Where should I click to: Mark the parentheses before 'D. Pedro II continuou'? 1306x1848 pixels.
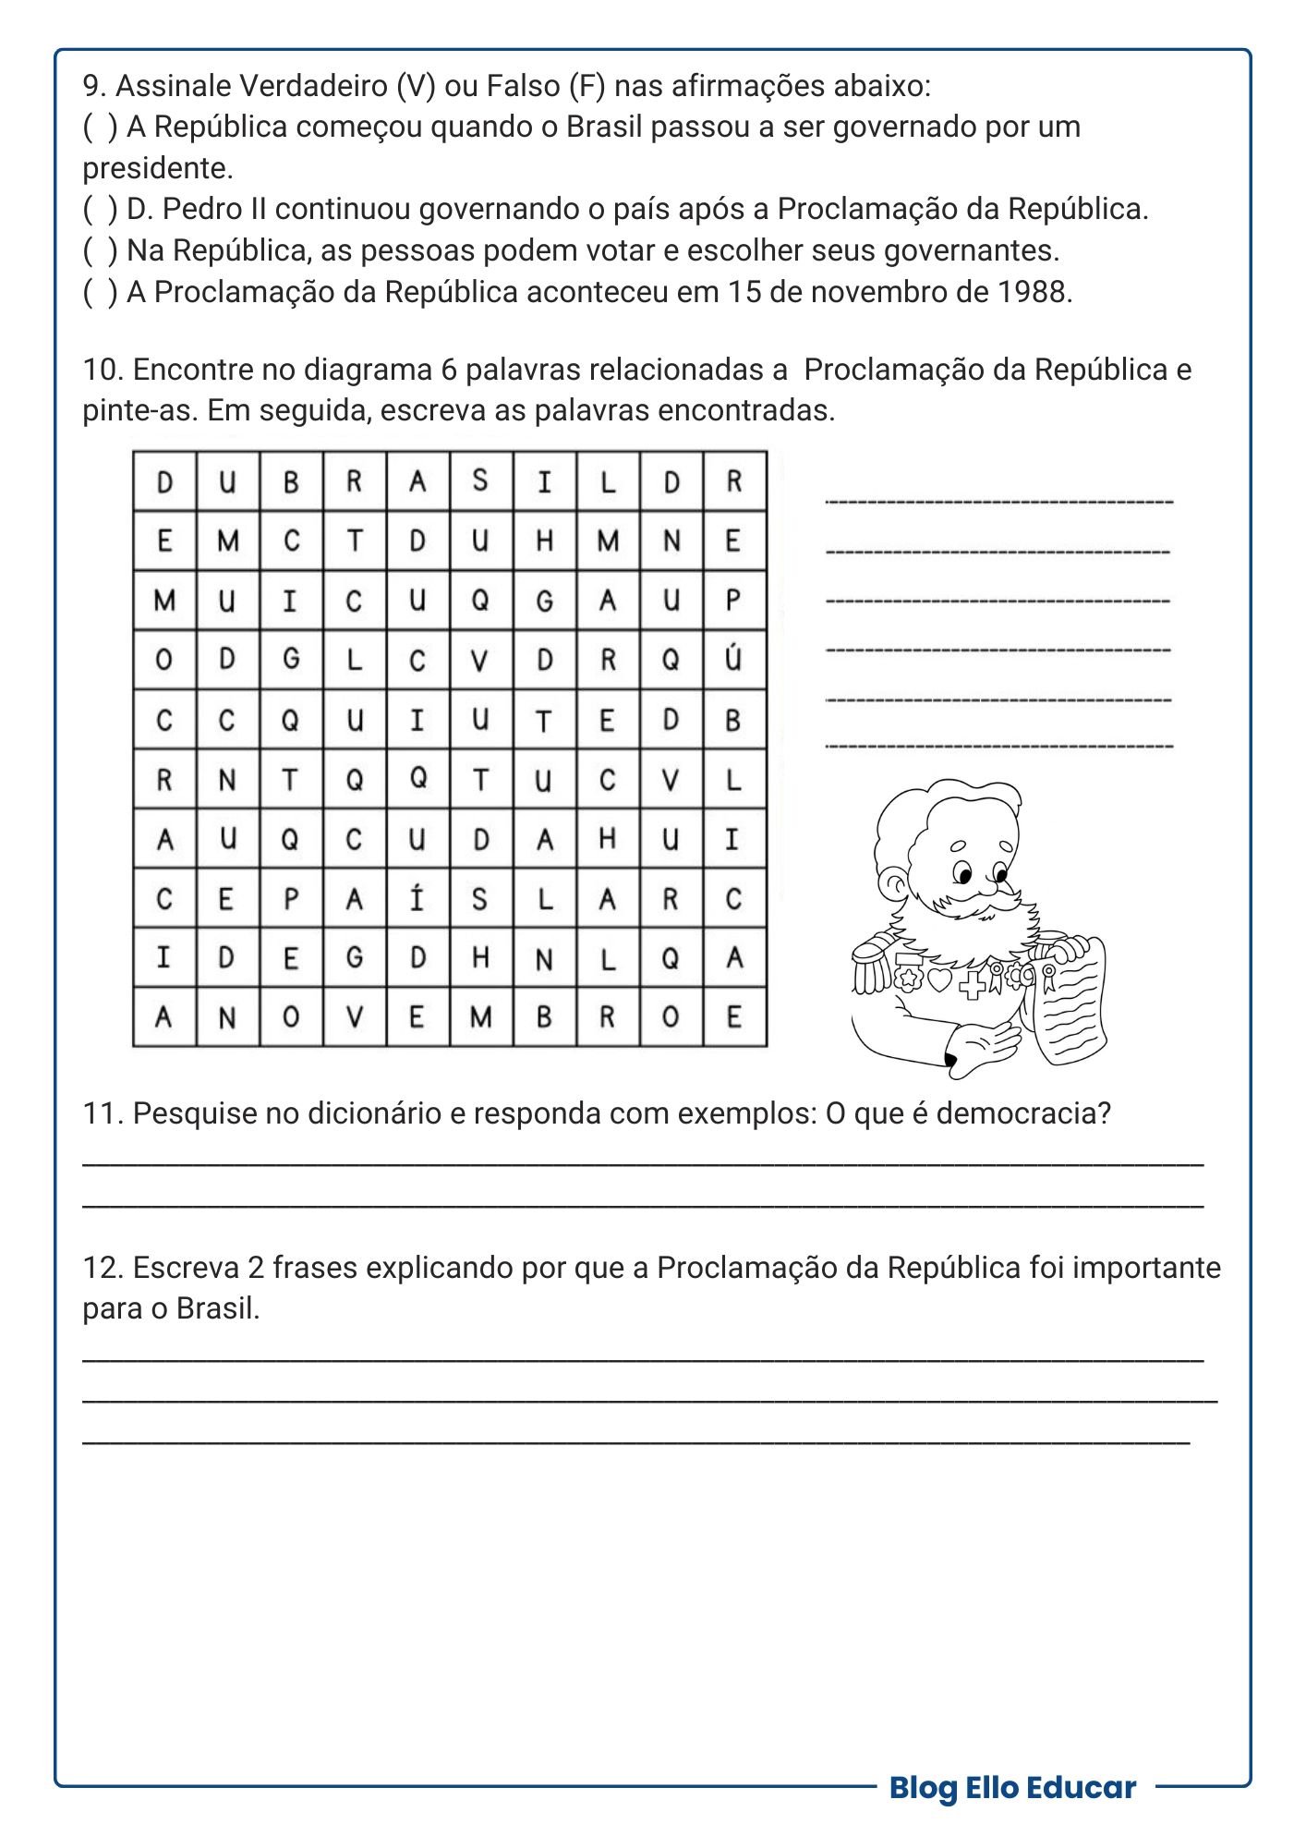100,210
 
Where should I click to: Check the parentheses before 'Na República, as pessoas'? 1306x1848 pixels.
100,250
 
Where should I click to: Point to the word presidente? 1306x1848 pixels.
157,168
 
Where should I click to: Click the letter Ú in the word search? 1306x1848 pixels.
734,660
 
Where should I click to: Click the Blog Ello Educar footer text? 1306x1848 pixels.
1012,1787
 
